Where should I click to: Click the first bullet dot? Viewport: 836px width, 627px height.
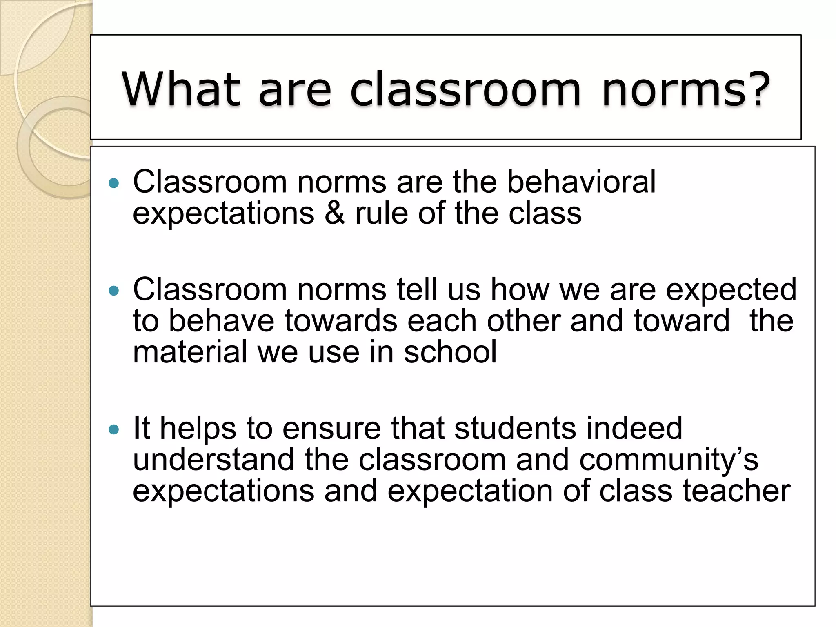(x=114, y=183)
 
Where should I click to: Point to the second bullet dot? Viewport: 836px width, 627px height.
(x=114, y=291)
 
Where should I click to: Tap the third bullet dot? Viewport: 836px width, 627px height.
(x=114, y=429)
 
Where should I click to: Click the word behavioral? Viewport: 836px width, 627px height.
(x=581, y=182)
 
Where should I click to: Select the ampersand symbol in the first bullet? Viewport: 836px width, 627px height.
(x=334, y=213)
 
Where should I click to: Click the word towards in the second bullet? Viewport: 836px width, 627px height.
(x=341, y=321)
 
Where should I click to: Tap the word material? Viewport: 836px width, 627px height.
(x=190, y=352)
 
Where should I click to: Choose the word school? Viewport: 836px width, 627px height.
(x=450, y=352)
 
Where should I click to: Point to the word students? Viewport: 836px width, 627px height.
(x=515, y=429)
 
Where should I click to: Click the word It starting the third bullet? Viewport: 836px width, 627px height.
(x=142, y=429)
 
